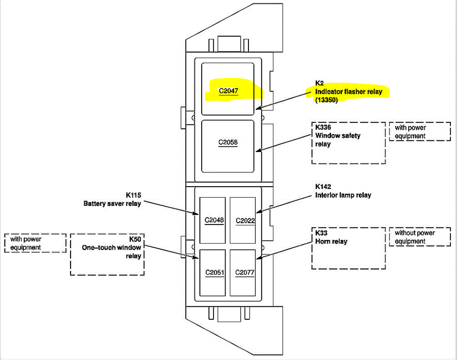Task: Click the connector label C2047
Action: click(228, 91)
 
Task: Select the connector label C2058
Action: click(228, 142)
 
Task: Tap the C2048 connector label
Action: click(214, 220)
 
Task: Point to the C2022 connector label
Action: click(245, 221)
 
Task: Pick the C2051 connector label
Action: click(214, 273)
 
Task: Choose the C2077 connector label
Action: click(245, 273)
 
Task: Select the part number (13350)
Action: click(326, 100)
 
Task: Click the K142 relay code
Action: click(323, 187)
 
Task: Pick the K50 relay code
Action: click(135, 239)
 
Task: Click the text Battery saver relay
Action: click(112, 203)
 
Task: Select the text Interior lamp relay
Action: click(343, 195)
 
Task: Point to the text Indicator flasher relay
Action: click(349, 92)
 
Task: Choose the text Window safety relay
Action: click(338, 139)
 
